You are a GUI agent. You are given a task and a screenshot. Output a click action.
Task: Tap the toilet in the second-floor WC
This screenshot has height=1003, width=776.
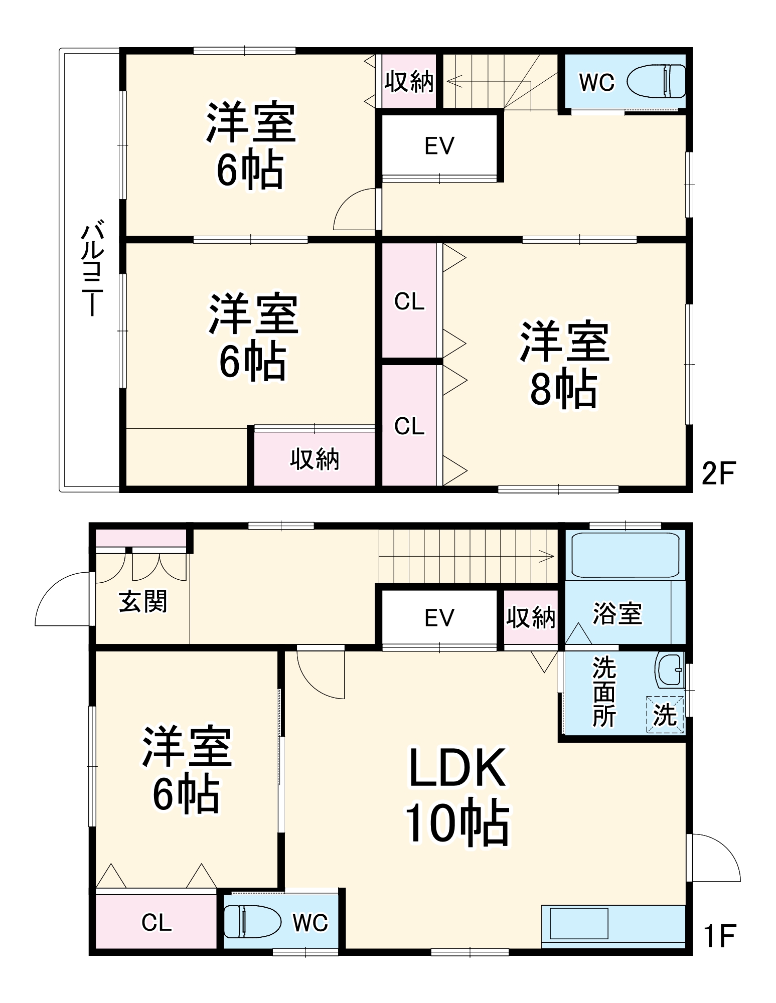[656, 81]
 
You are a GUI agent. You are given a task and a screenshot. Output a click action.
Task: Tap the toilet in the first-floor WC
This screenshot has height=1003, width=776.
[252, 922]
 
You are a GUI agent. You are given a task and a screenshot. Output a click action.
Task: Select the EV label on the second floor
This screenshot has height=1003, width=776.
[439, 146]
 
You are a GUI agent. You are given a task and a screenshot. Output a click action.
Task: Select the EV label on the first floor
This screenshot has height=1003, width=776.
[439, 618]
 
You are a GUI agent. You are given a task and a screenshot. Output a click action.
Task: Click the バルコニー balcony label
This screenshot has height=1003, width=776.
[92, 268]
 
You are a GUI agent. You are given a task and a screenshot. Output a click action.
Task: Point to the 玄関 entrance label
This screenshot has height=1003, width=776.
[142, 601]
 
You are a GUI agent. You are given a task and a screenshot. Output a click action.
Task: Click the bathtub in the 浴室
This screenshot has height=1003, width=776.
[625, 555]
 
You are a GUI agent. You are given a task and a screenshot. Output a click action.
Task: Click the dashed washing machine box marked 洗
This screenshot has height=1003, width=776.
[665, 715]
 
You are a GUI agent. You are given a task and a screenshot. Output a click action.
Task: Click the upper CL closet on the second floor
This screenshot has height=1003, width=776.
[409, 301]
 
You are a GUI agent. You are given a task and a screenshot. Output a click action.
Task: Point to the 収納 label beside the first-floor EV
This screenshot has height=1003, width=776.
[531, 618]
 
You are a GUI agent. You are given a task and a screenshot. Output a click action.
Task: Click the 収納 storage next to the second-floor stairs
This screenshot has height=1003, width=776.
[409, 81]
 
